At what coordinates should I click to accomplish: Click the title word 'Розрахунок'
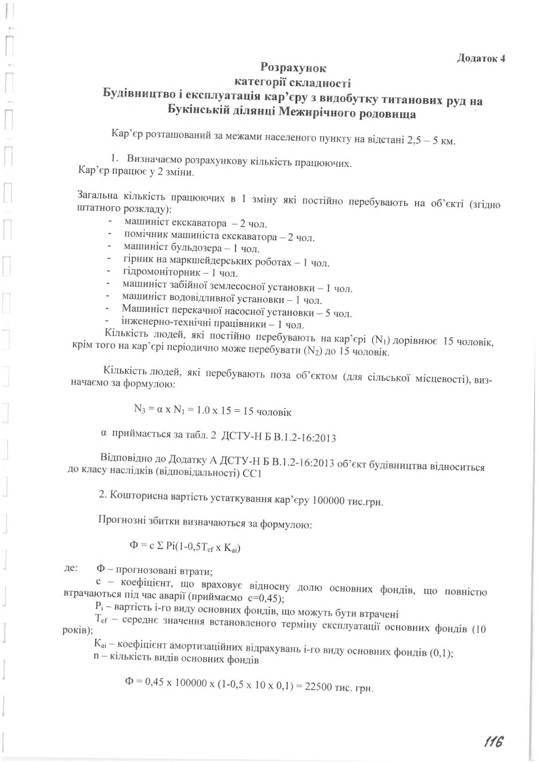(293, 68)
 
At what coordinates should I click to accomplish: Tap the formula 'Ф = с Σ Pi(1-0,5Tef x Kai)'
(185, 548)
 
